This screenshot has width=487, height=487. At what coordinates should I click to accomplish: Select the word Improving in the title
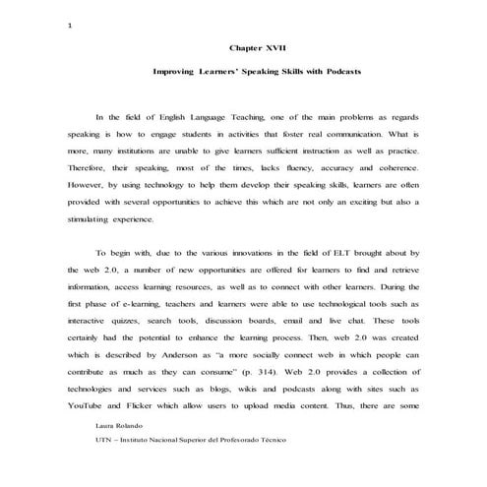point(176,73)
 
